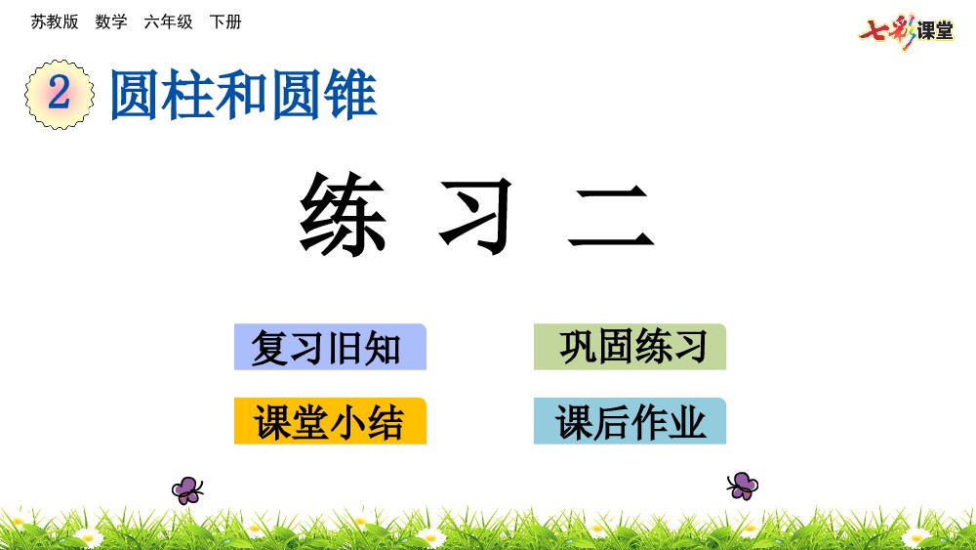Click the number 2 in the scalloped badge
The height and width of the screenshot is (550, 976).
[60, 93]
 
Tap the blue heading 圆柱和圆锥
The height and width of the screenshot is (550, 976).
[243, 95]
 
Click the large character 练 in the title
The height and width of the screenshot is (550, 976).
[343, 214]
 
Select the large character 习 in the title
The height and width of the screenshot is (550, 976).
[476, 216]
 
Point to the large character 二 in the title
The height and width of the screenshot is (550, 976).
[611, 217]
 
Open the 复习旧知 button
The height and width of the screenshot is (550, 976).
[330, 347]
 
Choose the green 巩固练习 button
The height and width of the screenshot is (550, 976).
[630, 347]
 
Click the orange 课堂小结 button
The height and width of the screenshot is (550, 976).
[330, 421]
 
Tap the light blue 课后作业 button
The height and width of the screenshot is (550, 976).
[630, 421]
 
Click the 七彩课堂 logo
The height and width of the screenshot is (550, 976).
[906, 30]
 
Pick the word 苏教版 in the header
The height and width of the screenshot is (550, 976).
[55, 21]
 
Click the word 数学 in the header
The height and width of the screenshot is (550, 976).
[111, 21]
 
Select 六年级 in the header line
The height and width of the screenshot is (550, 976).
[168, 21]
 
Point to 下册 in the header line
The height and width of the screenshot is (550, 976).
[225, 21]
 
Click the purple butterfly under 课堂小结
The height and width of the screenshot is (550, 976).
[187, 490]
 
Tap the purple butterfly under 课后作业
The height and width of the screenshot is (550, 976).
[742, 486]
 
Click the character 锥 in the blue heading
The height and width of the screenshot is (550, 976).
[350, 95]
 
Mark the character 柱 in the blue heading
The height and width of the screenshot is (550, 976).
[188, 95]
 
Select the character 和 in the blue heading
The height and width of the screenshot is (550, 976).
[242, 95]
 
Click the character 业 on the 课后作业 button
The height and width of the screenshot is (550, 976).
[688, 422]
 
